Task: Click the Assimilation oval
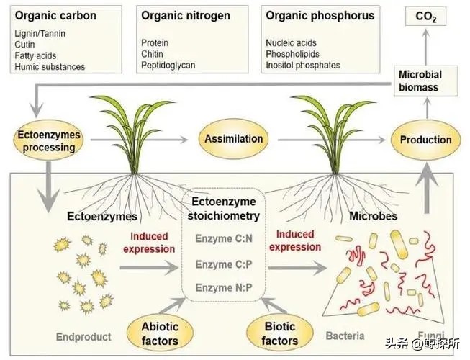[x=234, y=138]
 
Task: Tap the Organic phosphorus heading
[x=320, y=15]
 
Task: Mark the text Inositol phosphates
[x=302, y=66]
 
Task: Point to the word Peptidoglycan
[x=168, y=66]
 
